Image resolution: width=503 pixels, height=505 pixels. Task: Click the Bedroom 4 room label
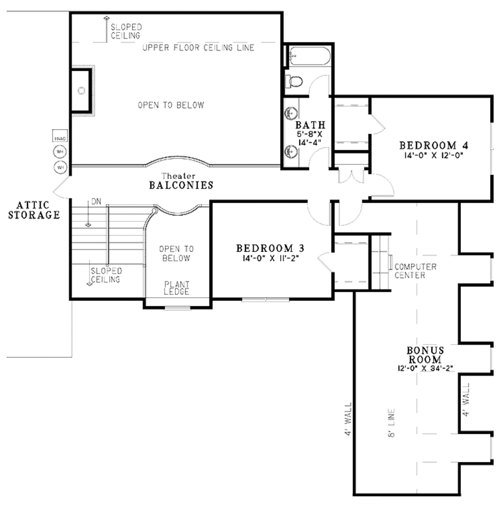coord(433,145)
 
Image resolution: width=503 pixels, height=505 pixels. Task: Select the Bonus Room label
coord(425,355)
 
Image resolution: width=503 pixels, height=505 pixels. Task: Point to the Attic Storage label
coord(33,210)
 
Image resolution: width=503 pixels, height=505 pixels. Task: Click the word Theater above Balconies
coord(179,176)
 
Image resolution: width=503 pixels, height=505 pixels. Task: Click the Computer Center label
coord(416,271)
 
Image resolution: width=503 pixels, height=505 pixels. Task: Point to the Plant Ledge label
coord(177,288)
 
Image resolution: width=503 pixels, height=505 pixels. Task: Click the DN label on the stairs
coord(96,202)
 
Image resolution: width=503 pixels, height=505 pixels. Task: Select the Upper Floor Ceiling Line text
coord(198,48)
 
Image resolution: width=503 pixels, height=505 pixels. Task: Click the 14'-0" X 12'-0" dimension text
coord(432,155)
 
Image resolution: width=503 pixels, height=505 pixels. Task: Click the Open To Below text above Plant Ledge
coord(176,254)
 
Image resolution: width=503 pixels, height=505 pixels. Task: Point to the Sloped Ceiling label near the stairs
coord(106,275)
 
